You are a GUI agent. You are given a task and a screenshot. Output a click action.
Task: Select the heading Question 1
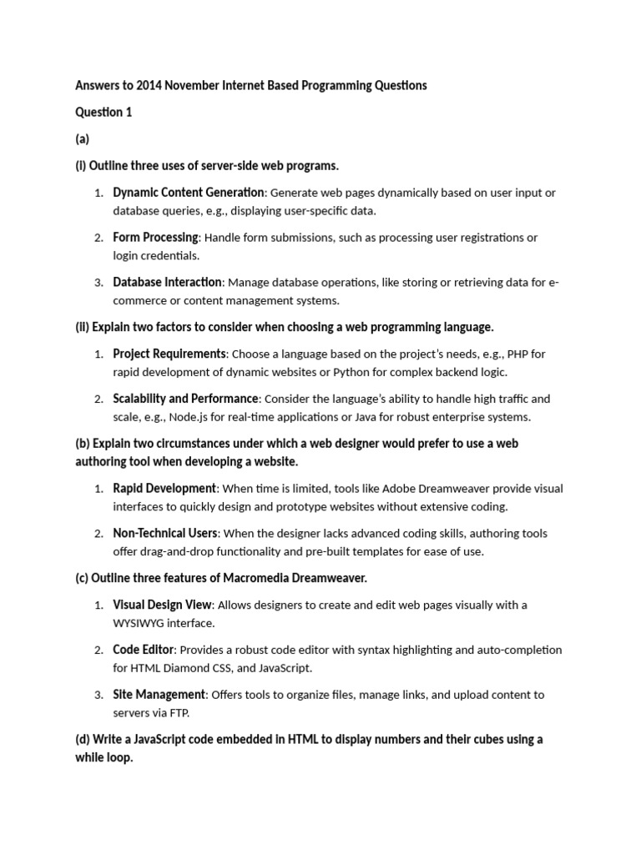pyautogui.click(x=103, y=113)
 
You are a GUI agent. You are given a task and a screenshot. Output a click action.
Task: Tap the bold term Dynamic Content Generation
pyautogui.click(x=189, y=193)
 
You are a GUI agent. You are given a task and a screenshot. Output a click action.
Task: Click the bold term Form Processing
pyautogui.click(x=156, y=238)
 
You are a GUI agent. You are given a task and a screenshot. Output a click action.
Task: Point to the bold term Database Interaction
pyautogui.click(x=168, y=283)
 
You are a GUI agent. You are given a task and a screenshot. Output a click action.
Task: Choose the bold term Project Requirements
pyautogui.click(x=169, y=354)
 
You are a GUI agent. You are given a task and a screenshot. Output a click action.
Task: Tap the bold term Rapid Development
pyautogui.click(x=164, y=488)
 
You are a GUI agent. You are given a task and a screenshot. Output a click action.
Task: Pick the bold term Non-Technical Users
pyautogui.click(x=165, y=533)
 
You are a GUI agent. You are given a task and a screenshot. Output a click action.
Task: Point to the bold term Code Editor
pyautogui.click(x=144, y=650)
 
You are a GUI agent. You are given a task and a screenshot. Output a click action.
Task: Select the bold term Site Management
pyautogui.click(x=159, y=695)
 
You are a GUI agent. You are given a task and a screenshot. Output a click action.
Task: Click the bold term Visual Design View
pyautogui.click(x=164, y=605)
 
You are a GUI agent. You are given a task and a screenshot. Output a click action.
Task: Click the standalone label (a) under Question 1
pyautogui.click(x=82, y=139)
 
